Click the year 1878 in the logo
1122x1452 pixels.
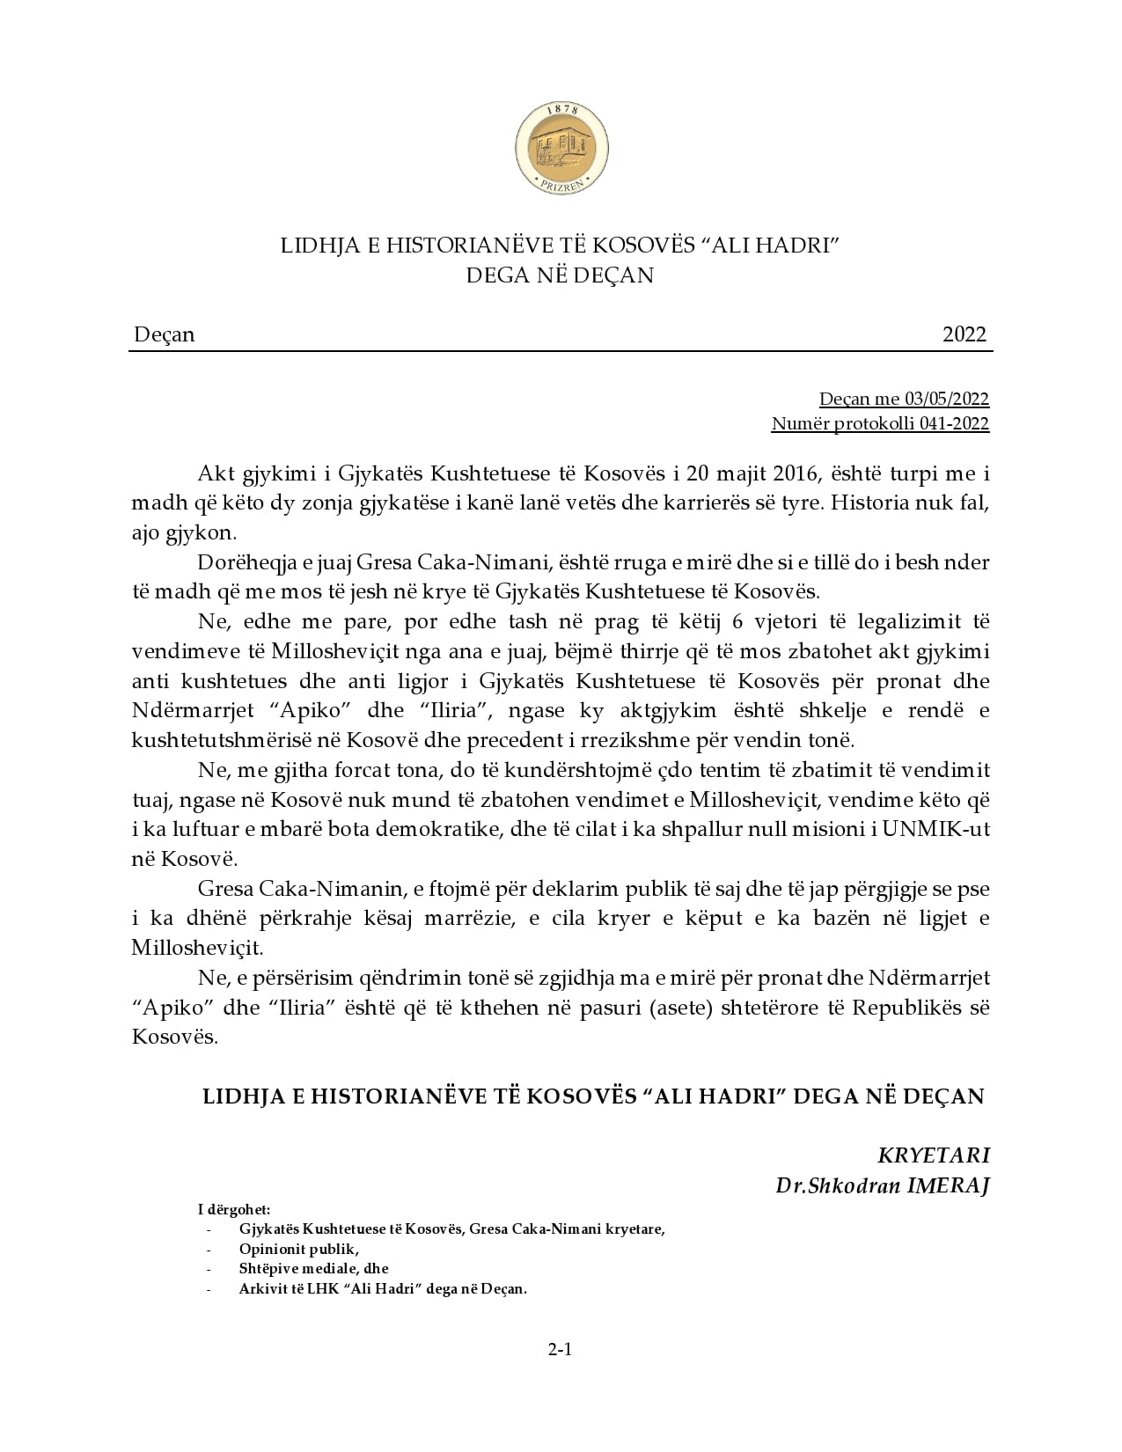(561, 111)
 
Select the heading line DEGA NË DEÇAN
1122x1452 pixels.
(561, 275)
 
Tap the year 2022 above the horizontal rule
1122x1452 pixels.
(964, 335)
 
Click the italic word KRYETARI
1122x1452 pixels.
(934, 1155)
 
